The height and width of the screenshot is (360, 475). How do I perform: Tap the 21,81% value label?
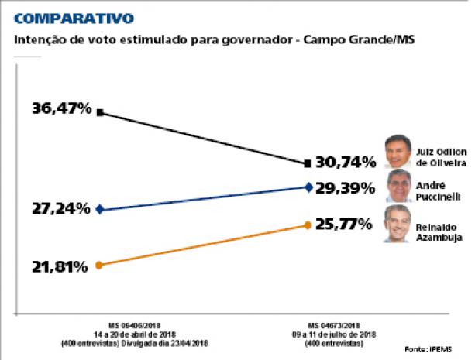(59, 266)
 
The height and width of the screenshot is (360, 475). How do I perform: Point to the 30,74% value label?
(346, 163)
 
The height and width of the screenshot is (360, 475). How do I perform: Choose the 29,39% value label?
(347, 187)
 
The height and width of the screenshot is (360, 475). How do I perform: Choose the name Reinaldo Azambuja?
(439, 232)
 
